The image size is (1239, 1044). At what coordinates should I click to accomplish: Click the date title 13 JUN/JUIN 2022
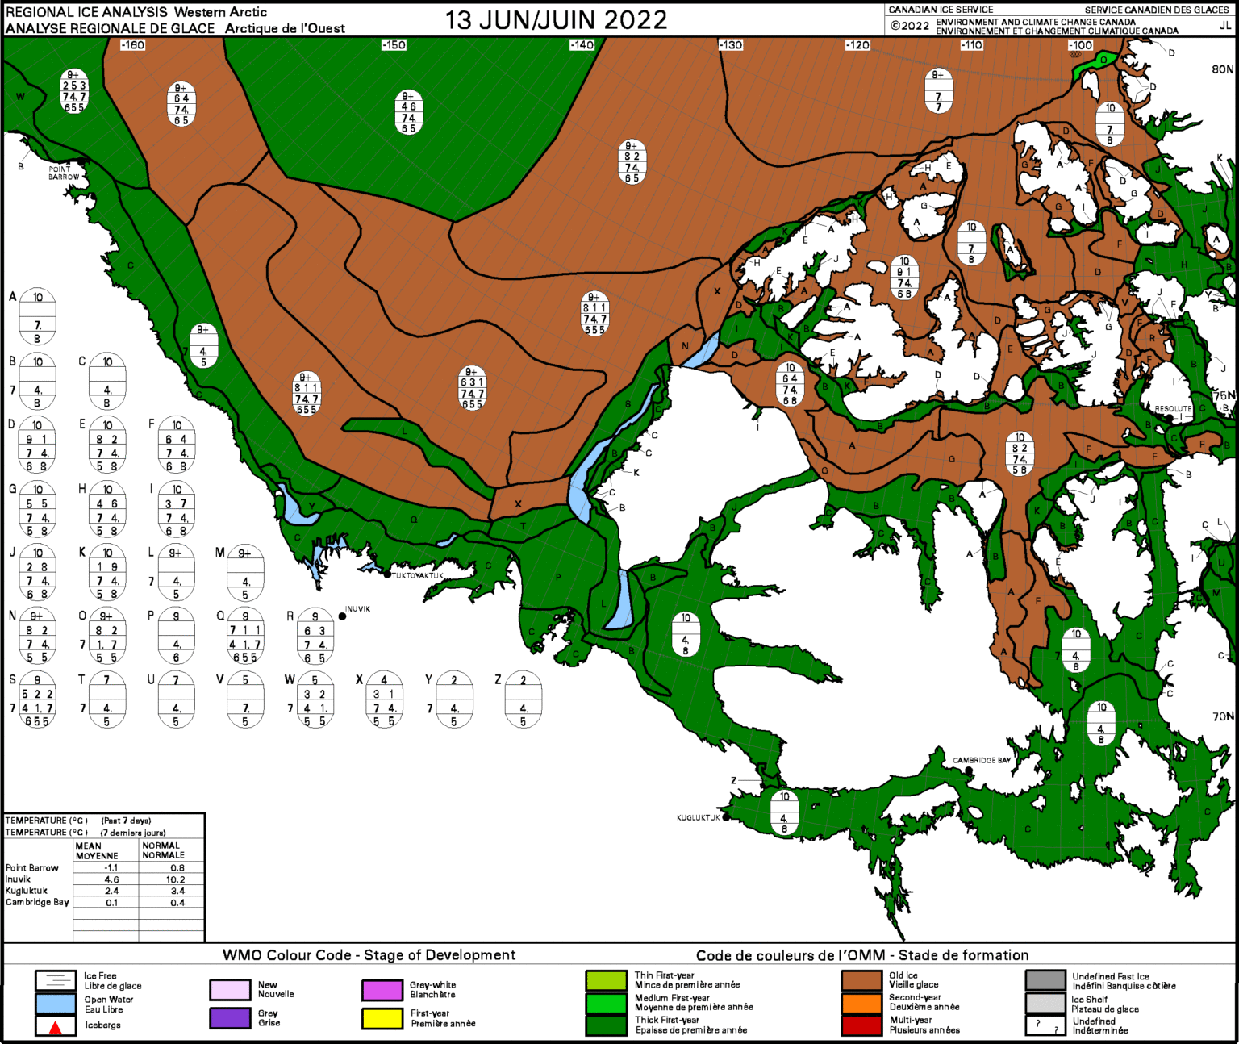coord(556,20)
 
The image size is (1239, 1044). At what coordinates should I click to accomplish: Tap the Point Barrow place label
coord(63,173)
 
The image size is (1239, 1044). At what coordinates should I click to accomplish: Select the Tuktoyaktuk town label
coord(418,575)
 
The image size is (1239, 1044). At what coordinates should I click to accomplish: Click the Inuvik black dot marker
coord(343,616)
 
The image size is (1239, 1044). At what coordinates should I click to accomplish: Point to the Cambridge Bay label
coord(982,760)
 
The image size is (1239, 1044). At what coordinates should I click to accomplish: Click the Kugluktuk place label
coord(698,817)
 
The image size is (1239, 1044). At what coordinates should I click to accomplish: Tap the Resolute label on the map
coord(1173,409)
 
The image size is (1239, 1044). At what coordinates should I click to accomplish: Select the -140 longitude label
coord(582,45)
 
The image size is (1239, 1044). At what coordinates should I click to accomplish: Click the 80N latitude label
coord(1222,69)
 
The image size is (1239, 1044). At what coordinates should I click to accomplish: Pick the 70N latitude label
coord(1223,716)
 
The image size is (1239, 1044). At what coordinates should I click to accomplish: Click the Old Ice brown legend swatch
coord(861,980)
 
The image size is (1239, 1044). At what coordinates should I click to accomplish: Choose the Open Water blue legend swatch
coord(56,1004)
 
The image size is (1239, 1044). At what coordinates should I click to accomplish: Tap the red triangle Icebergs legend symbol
coord(56,1027)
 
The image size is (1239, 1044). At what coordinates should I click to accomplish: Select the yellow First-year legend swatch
coord(382,1018)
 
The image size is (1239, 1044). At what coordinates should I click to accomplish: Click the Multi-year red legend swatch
coord(861,1025)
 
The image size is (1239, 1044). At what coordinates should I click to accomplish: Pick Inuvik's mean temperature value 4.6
coord(111,879)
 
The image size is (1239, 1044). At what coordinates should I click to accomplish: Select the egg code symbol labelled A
coord(37,315)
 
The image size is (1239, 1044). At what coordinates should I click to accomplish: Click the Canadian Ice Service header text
coord(941,10)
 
